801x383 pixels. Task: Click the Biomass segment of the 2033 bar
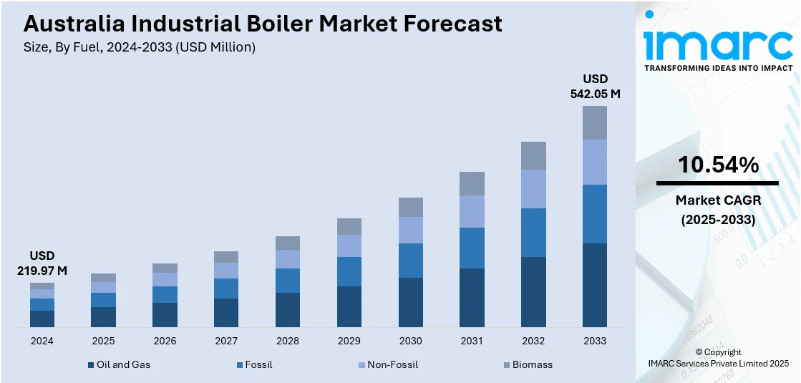pos(594,122)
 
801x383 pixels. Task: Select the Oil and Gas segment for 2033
pos(594,285)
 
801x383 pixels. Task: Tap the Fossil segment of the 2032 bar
pos(533,232)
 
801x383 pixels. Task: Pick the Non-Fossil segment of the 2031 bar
pos(472,211)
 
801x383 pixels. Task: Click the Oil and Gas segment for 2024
pos(42,319)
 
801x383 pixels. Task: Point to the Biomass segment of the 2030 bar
pos(410,207)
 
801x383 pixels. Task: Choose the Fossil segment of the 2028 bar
pos(288,280)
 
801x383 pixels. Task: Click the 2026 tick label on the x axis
pos(165,341)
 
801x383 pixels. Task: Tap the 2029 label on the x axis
pos(349,341)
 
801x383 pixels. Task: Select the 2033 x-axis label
pos(594,341)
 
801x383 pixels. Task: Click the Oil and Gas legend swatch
pos(91,365)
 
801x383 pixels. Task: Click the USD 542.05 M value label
pos(595,86)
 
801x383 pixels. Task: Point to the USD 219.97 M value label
pos(42,263)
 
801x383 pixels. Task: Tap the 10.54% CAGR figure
pos(718,165)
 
